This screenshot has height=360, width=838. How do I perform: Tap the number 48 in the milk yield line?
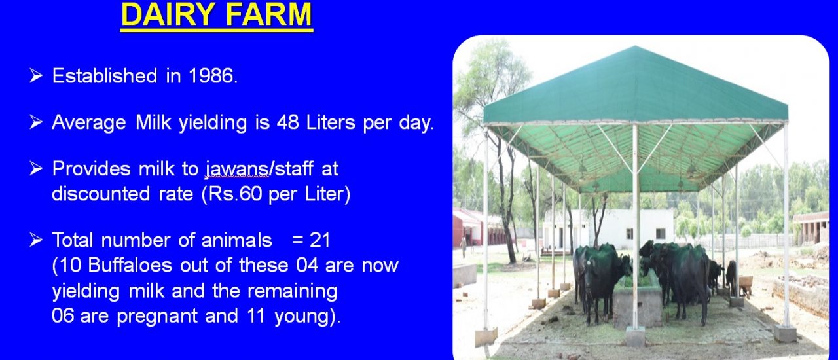287,122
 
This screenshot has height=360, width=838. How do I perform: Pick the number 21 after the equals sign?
320,240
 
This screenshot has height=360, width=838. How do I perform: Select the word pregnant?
156,317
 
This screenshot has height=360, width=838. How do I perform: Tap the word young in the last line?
302,317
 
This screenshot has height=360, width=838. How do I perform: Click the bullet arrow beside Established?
36,75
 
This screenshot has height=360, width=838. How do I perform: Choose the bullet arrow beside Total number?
36,240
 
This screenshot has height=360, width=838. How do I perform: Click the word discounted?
101,194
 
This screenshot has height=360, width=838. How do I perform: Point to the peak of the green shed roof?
634,46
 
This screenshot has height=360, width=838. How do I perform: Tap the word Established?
105,76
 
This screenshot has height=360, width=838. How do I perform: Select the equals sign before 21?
298,240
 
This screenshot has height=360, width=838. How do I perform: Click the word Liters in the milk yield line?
331,122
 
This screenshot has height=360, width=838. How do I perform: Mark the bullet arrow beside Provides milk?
36,169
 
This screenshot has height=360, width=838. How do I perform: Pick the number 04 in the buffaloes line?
307,265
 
